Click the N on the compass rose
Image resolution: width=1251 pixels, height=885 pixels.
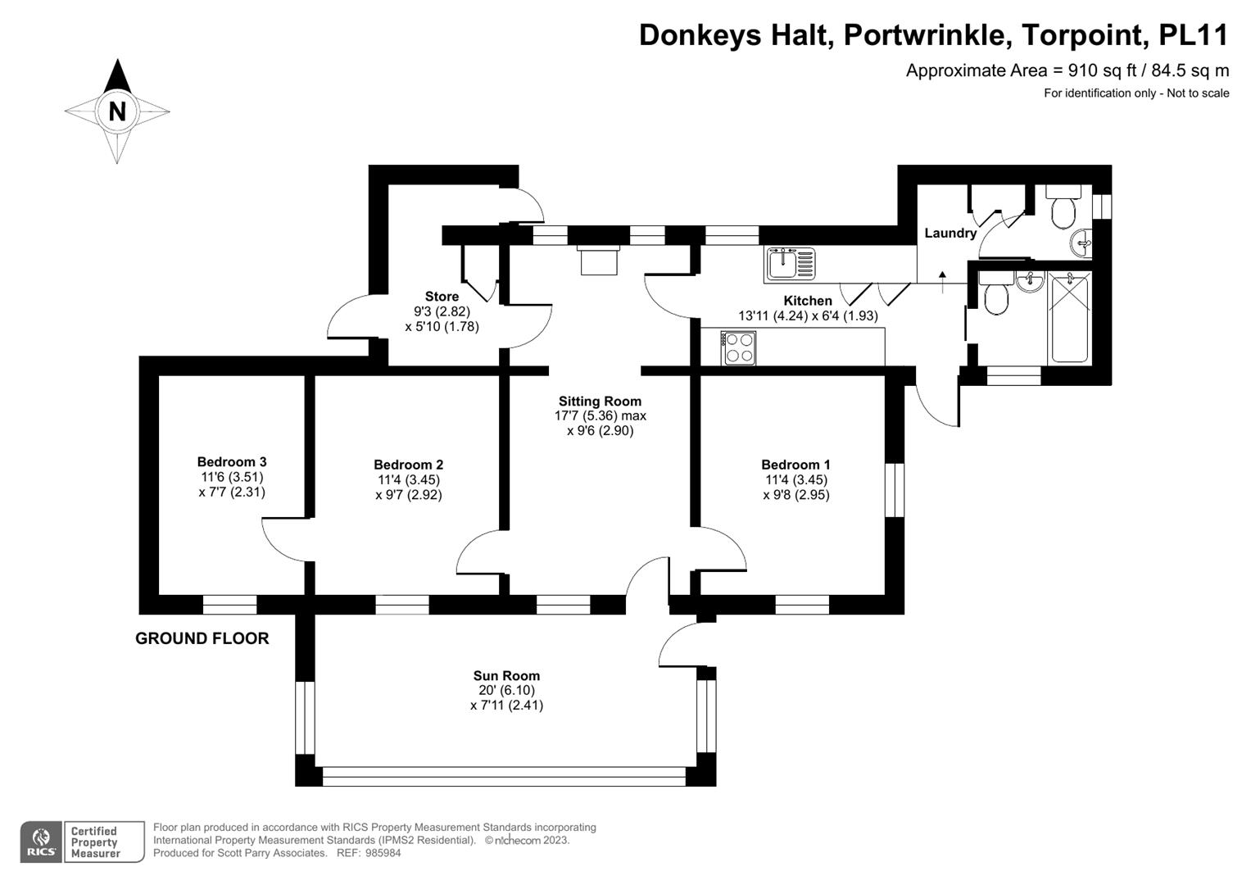pyautogui.click(x=117, y=111)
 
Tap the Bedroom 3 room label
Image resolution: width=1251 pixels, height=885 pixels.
pyautogui.click(x=232, y=462)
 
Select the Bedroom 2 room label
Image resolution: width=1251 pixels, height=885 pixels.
pyautogui.click(x=408, y=465)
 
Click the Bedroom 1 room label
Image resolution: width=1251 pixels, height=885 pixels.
pyautogui.click(x=795, y=465)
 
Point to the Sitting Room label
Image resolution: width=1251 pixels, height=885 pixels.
pyautogui.click(x=600, y=402)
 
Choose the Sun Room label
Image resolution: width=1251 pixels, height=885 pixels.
pyautogui.click(x=506, y=676)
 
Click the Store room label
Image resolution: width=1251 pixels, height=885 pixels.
pyautogui.click(x=442, y=297)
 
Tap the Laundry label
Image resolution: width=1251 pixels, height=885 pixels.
pyautogui.click(x=950, y=234)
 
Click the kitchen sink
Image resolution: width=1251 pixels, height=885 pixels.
pyautogui.click(x=791, y=264)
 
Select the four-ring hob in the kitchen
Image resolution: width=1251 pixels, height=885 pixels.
pyautogui.click(x=739, y=347)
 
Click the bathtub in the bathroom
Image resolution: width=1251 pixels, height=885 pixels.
pyautogui.click(x=1068, y=320)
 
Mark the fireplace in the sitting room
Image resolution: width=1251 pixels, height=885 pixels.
pyautogui.click(x=599, y=261)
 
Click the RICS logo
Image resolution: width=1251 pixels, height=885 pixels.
pyautogui.click(x=41, y=842)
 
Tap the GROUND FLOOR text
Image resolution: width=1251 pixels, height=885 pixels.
pyautogui.click(x=202, y=638)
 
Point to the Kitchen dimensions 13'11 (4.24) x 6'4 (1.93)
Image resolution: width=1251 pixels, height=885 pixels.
pyautogui.click(x=808, y=315)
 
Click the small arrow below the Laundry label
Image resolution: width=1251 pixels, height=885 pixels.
pyautogui.click(x=943, y=276)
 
